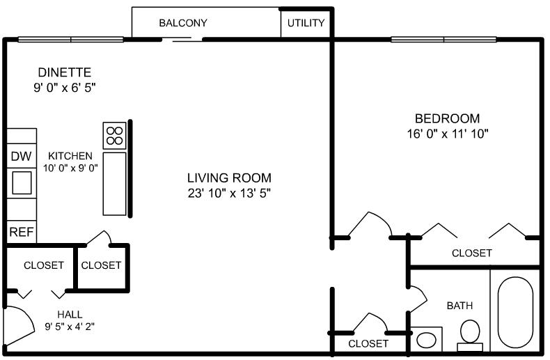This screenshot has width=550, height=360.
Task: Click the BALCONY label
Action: tap(183, 23)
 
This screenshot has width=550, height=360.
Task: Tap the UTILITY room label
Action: tap(306, 23)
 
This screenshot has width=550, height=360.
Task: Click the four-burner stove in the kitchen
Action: tap(114, 135)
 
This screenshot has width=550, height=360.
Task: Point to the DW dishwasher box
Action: tap(21, 157)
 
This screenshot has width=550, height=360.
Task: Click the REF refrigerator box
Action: tap(21, 232)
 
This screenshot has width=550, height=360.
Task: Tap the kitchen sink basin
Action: tap(22, 182)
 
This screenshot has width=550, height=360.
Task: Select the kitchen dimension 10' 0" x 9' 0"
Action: tap(70, 168)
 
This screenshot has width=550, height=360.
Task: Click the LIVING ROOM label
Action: tap(228, 178)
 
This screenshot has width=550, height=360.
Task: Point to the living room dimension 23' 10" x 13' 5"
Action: tap(228, 193)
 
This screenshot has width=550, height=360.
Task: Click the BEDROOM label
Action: tap(447, 118)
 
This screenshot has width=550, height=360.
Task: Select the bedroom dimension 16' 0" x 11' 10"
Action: tap(447, 133)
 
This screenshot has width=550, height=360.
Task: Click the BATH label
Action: tap(459, 305)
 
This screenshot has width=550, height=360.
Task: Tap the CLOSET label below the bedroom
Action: tap(471, 253)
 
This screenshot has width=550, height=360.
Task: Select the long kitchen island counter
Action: tap(114, 183)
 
